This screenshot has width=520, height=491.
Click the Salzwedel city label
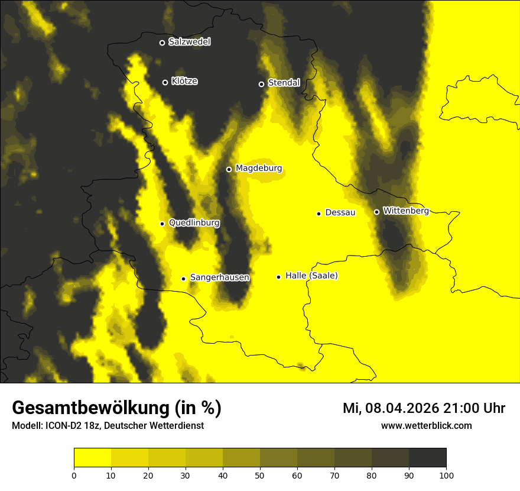click(189, 42)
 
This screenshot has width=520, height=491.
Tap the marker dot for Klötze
click(165, 82)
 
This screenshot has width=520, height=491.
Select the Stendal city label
click(284, 83)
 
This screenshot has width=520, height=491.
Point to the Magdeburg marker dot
click(229, 169)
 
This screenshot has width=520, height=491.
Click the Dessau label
click(340, 212)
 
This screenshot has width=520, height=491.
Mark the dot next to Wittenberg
click(376, 212)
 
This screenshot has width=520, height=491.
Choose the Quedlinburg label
click(194, 223)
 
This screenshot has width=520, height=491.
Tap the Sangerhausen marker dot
click(183, 279)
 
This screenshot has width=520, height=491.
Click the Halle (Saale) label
click(311, 276)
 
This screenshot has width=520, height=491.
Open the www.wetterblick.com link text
click(426, 425)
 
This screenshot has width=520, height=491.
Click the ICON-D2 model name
click(61, 425)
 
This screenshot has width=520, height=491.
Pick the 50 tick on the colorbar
click(260, 474)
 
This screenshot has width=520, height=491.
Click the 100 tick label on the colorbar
click(446, 474)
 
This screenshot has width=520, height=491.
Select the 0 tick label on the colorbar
click(74, 474)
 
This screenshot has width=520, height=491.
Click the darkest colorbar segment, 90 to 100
click(427, 457)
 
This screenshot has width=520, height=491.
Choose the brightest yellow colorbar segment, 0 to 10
click(92, 457)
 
